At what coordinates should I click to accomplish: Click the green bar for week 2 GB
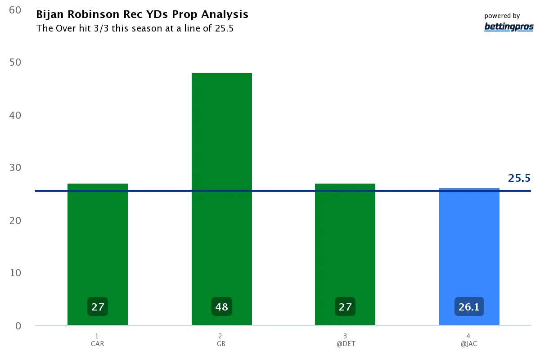pos(221,180)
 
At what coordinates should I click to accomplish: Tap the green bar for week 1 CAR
pos(98,243)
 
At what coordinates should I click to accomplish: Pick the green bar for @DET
pos(345,243)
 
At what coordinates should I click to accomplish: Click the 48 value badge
pos(222,307)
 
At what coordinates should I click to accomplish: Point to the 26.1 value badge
pos(469,307)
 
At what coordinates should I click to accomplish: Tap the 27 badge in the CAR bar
pos(98,307)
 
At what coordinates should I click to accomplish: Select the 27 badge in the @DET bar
pos(345,307)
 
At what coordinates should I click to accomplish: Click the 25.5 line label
pos(519,178)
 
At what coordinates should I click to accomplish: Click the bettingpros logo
pos(508,27)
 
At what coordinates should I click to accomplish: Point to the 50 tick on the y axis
pos(15,62)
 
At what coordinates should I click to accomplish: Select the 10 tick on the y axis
pos(15,273)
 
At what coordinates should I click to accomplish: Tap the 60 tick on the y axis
pos(15,10)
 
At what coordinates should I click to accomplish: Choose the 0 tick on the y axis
pos(18,326)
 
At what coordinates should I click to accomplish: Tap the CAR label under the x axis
pos(97,344)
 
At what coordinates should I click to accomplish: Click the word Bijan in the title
pos(50,14)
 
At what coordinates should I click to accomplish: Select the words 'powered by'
pos(502,16)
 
